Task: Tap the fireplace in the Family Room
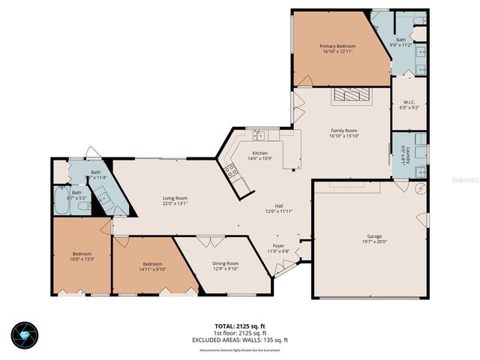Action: pyautogui.click(x=352, y=94)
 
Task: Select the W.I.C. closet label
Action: pyautogui.click(x=409, y=103)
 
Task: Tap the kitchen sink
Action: pyautogui.click(x=259, y=136)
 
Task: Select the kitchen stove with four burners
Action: pyautogui.click(x=232, y=171)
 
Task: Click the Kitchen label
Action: pyautogui.click(x=250, y=154)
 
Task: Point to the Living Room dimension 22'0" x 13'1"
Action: pyautogui.click(x=175, y=203)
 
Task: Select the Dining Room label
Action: pyautogui.click(x=226, y=263)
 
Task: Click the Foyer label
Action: pyautogui.click(x=278, y=245)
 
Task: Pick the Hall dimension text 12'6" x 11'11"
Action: pyautogui.click(x=278, y=211)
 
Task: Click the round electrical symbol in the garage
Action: pyautogui.click(x=420, y=187)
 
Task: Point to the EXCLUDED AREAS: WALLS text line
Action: pyautogui.click(x=239, y=340)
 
